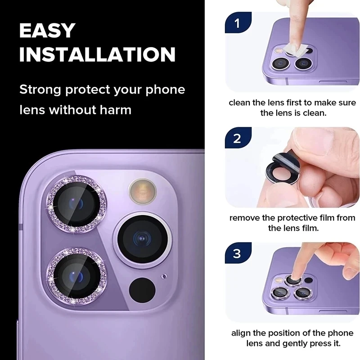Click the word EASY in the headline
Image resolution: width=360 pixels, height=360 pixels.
[47, 30]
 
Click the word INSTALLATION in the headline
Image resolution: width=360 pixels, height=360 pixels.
[97, 54]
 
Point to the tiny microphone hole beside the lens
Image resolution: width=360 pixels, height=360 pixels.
[164, 276]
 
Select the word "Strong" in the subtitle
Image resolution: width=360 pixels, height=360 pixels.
[40, 89]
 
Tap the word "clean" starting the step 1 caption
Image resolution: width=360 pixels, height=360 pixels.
[239, 103]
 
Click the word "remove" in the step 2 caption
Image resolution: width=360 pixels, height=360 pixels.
[244, 218]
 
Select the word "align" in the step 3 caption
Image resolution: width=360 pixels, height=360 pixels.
[241, 333]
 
